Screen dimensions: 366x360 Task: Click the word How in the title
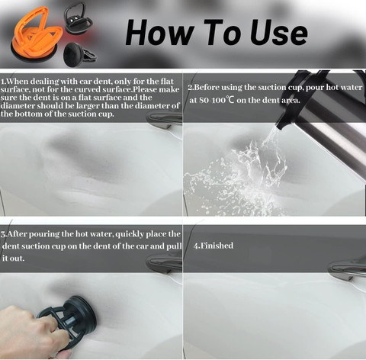159,32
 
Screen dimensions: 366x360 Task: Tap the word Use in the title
278,33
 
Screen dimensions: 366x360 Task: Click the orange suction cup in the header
36,35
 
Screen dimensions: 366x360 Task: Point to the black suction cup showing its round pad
79,54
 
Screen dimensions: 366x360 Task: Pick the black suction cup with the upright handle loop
78,18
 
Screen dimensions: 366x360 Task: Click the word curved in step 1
88,89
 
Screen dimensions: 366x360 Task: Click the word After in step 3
17,234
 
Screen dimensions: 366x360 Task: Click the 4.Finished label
213,246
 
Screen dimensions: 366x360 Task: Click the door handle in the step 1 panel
165,119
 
